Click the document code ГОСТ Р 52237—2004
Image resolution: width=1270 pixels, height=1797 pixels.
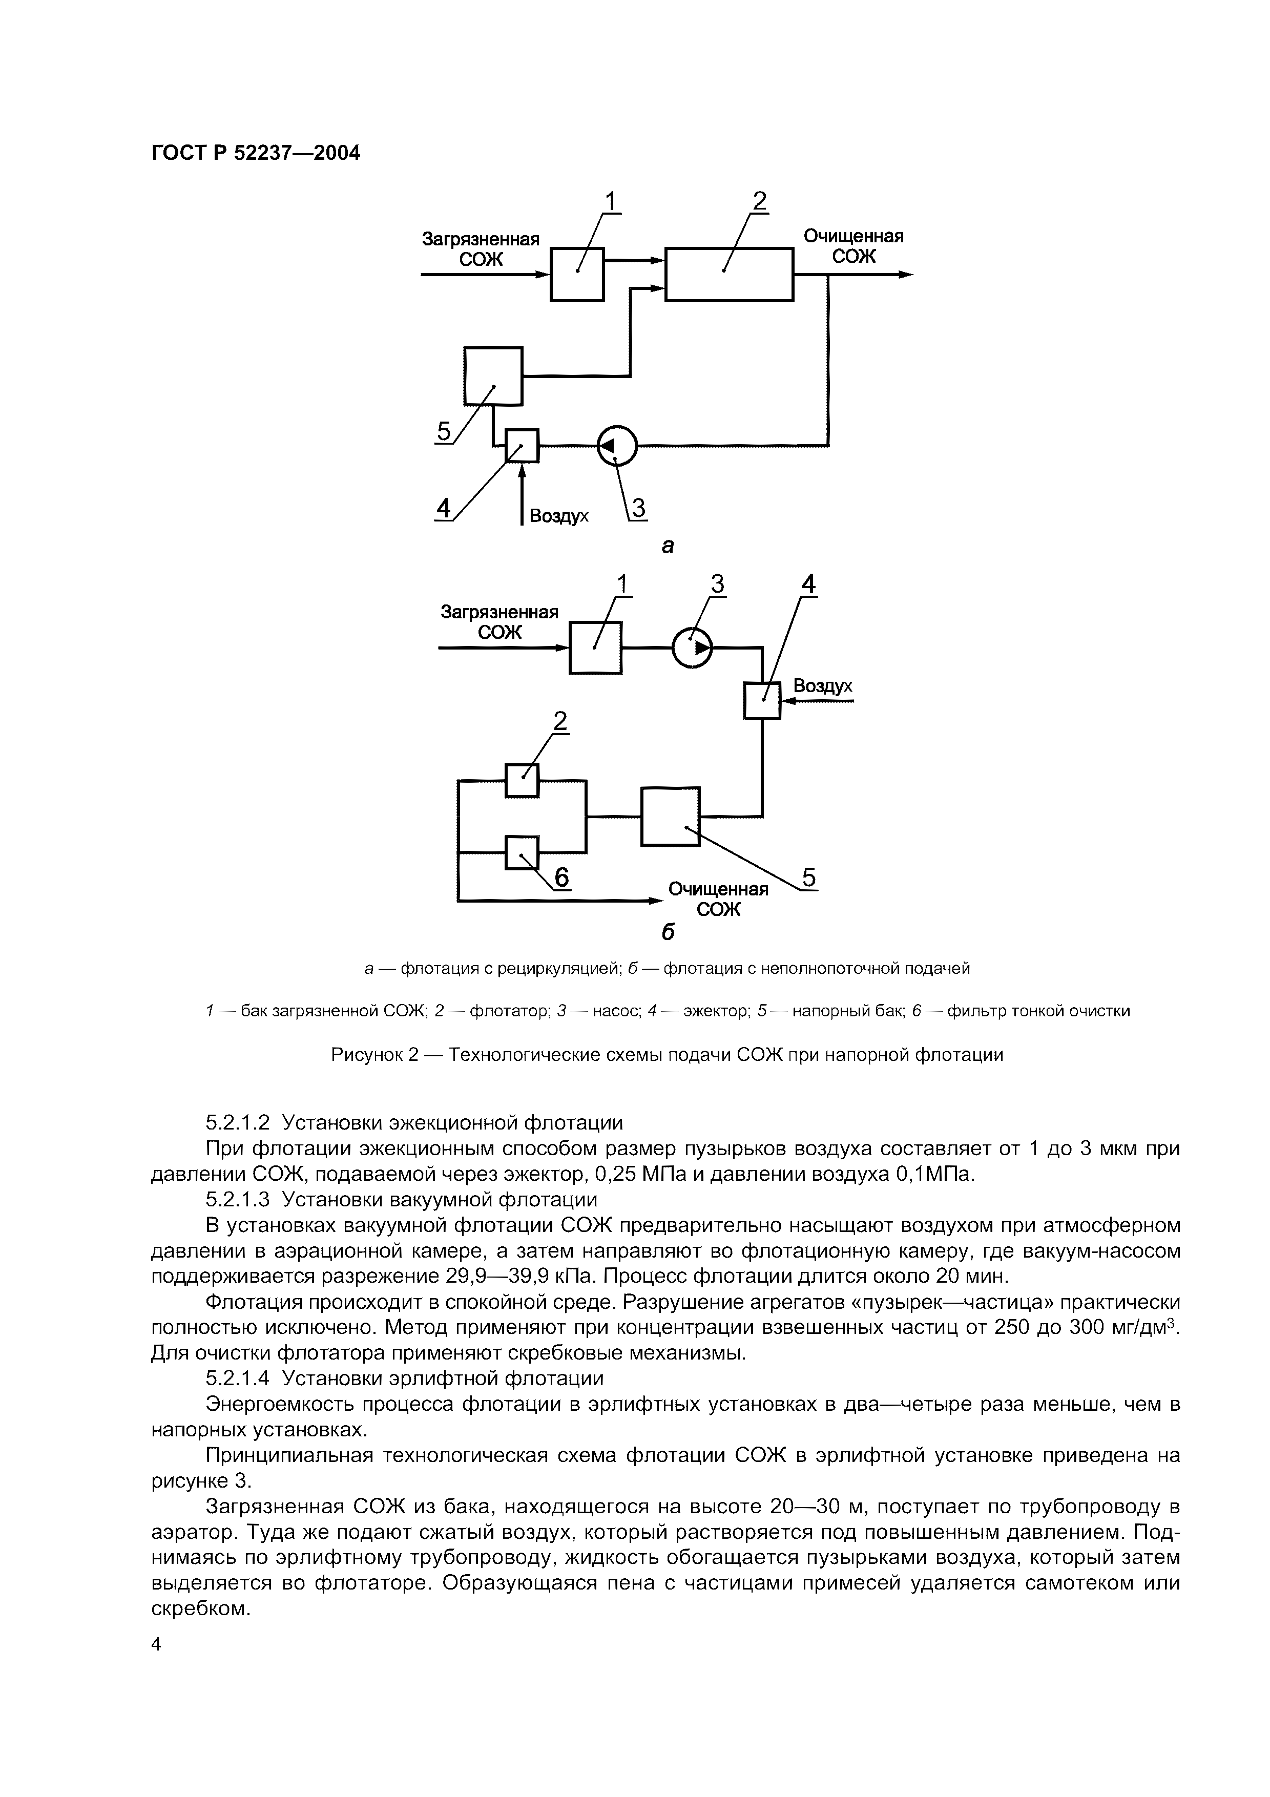click(x=255, y=153)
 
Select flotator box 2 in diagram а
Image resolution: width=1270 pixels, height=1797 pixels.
click(x=728, y=274)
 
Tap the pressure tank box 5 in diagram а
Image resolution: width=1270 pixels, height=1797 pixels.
click(x=493, y=375)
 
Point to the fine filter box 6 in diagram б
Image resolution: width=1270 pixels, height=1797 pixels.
click(x=522, y=852)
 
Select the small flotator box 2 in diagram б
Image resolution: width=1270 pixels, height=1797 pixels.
click(x=522, y=780)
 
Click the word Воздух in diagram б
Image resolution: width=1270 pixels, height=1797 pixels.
click(x=822, y=686)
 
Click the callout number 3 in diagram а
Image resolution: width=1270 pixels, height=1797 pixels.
click(x=638, y=509)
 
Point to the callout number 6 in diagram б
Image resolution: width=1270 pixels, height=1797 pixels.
click(x=561, y=878)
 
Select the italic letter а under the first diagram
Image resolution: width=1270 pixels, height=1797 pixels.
click(x=668, y=546)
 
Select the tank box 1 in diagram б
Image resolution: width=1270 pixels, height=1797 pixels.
click(x=595, y=647)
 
